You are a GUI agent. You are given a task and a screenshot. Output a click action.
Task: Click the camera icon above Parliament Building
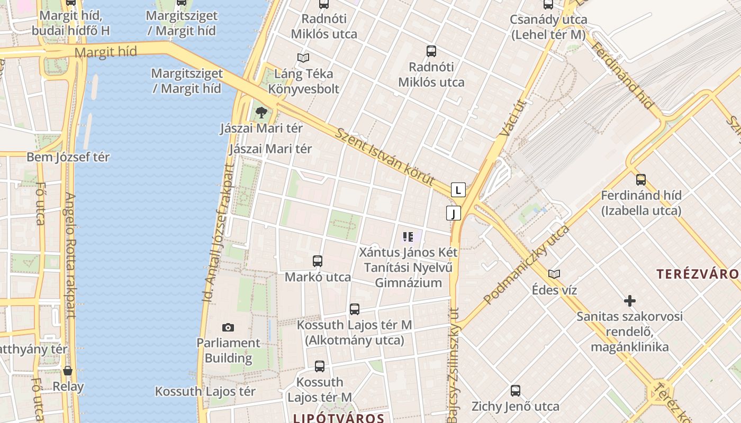pyautogui.click(x=228, y=328)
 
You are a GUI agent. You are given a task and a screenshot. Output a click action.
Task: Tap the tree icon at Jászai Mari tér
pyautogui.click(x=261, y=112)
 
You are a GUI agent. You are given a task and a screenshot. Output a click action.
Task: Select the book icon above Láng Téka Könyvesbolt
pyautogui.click(x=303, y=58)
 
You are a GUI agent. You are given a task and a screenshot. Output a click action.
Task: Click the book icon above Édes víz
pyautogui.click(x=554, y=274)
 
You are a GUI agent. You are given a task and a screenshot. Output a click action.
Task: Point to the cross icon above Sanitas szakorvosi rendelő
pyautogui.click(x=629, y=301)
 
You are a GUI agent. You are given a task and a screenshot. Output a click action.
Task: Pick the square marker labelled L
pyautogui.click(x=458, y=190)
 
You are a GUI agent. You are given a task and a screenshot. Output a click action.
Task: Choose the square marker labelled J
pyautogui.click(x=454, y=213)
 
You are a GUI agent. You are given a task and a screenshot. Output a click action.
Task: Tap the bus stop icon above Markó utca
pyautogui.click(x=318, y=261)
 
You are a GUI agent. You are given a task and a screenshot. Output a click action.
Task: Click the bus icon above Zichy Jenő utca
pyautogui.click(x=516, y=391)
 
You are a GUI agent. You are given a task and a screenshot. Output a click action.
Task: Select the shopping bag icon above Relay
pyautogui.click(x=68, y=371)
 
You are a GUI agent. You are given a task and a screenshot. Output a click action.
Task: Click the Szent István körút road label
pyautogui.click(x=385, y=157)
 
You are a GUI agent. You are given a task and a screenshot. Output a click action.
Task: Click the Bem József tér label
pyautogui.click(x=68, y=157)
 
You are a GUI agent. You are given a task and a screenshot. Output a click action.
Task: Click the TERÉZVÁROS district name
pyautogui.click(x=698, y=274)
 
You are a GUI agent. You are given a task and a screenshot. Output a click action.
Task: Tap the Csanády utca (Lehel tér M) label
pyautogui.click(x=548, y=27)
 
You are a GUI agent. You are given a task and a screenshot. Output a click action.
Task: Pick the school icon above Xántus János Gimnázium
pyautogui.click(x=408, y=236)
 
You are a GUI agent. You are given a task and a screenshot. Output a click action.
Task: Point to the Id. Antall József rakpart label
pyautogui.click(x=218, y=233)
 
